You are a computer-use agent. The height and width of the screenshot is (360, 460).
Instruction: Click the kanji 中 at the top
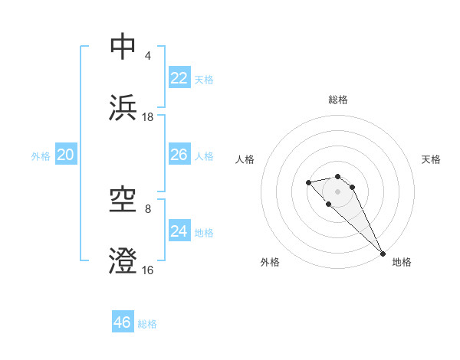pyautogui.click(x=123, y=47)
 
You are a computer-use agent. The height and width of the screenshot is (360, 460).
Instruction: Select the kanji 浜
pyautogui.click(x=123, y=107)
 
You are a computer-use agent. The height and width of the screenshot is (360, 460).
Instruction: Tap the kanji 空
pyautogui.click(x=123, y=200)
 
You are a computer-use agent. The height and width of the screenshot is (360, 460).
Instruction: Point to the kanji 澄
pyautogui.click(x=123, y=260)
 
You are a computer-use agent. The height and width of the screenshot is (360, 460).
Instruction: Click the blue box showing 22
pyautogui.click(x=179, y=77)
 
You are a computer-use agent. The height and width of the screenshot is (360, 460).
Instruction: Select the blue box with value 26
pyautogui.click(x=179, y=155)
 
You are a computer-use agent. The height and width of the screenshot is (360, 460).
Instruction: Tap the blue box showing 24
pyautogui.click(x=179, y=231)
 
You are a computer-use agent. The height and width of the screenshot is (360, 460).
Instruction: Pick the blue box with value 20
pyautogui.click(x=66, y=155)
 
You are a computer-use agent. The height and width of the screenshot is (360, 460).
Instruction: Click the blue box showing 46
pyautogui.click(x=123, y=322)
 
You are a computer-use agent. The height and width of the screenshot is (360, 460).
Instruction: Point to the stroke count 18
pyautogui.click(x=148, y=117)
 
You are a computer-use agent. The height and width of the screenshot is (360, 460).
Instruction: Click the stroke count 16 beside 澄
pyautogui.click(x=148, y=270)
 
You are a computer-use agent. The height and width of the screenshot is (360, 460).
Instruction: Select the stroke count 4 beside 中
pyautogui.click(x=147, y=56)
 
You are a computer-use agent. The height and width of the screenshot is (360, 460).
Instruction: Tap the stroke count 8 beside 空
pyautogui.click(x=147, y=209)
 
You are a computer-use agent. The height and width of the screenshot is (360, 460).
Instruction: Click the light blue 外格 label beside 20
pyautogui.click(x=41, y=156)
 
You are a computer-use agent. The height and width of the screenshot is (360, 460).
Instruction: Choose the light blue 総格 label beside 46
pyautogui.click(x=147, y=324)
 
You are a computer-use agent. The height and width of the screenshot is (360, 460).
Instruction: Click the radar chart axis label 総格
pyautogui.click(x=338, y=100)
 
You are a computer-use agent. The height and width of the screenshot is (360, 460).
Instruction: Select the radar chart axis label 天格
pyautogui.click(x=431, y=159)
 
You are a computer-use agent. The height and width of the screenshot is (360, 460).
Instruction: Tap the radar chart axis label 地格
pyautogui.click(x=402, y=262)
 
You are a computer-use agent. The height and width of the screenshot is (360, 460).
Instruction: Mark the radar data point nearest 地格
pyautogui.click(x=383, y=254)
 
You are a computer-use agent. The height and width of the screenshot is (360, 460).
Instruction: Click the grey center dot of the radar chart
pyautogui.click(x=338, y=191)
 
